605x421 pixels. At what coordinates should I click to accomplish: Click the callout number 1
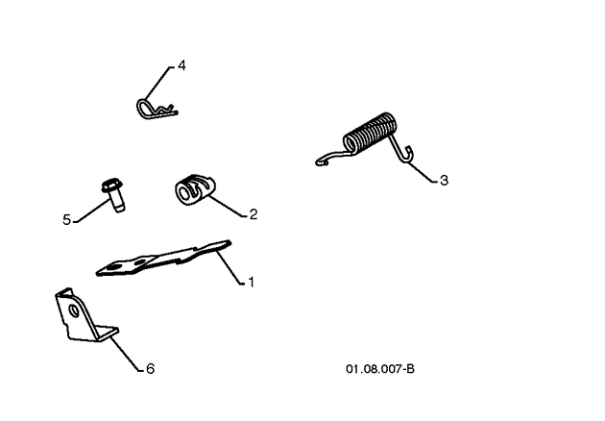pyautogui.click(x=251, y=283)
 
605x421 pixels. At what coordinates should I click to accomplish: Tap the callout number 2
pyautogui.click(x=254, y=214)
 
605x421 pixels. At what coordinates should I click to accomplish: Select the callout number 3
pyautogui.click(x=444, y=180)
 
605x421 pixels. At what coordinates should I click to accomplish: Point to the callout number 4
pyautogui.click(x=181, y=65)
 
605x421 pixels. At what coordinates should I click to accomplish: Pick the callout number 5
pyautogui.click(x=67, y=220)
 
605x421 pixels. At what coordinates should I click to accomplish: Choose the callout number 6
pyautogui.click(x=150, y=368)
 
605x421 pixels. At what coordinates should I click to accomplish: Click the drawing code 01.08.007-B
pyautogui.click(x=381, y=368)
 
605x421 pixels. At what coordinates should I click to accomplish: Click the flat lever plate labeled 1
pyautogui.click(x=163, y=259)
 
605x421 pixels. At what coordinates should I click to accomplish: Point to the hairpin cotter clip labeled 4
pyautogui.click(x=154, y=109)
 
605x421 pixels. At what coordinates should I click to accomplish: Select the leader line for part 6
pyautogui.click(x=125, y=353)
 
